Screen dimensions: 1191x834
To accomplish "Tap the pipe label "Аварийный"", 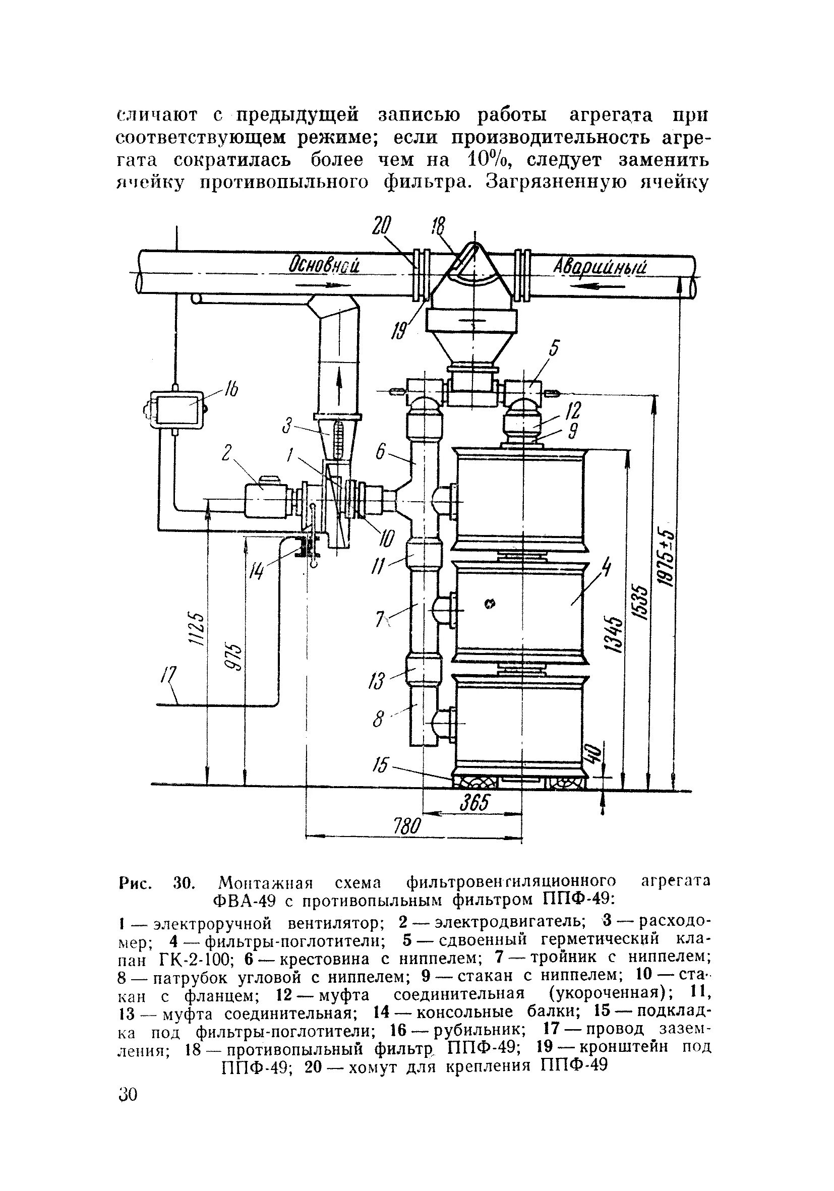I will [x=600, y=267].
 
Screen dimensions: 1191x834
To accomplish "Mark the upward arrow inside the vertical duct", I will [x=339, y=384].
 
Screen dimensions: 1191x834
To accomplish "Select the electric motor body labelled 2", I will [x=266, y=501].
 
